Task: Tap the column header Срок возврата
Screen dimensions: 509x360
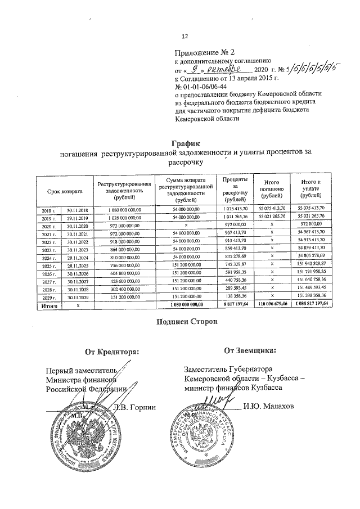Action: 64,191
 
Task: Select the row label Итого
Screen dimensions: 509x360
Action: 46,304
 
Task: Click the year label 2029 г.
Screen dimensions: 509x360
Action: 47,296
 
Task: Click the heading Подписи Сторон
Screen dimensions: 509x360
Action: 183,322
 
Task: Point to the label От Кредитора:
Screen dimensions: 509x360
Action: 111,353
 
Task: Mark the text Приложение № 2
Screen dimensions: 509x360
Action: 202,52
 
